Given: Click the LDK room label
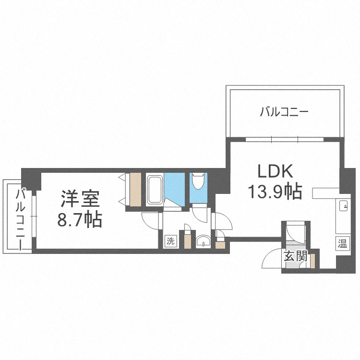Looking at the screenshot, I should [x=273, y=172].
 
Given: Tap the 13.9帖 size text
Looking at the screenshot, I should [x=275, y=192].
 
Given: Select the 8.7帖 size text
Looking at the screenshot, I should [x=80, y=220].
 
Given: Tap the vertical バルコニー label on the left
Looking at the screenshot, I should [x=22, y=218].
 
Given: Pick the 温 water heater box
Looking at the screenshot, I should [x=342, y=243].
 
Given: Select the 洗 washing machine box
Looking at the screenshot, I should [x=171, y=241].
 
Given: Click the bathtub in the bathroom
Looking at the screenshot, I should [x=154, y=190].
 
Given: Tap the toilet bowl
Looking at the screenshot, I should [x=197, y=181].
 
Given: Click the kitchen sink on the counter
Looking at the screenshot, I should [x=344, y=206].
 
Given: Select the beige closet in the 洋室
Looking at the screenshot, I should [x=135, y=189].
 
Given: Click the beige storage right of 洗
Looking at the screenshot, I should [x=188, y=241].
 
